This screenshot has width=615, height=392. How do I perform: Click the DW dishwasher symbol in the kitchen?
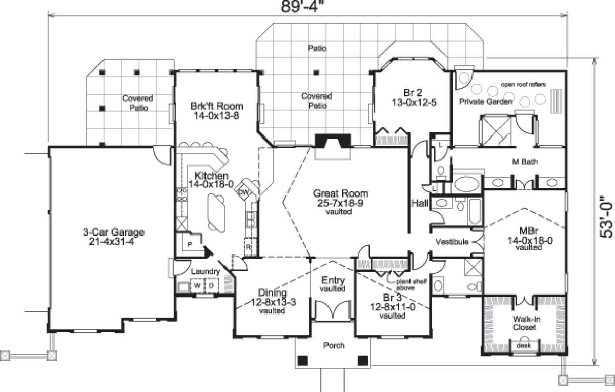coord(244,192)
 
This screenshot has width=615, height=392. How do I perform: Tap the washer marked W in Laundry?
coord(197,285)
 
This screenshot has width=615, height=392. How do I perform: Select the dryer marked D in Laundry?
coord(211,285)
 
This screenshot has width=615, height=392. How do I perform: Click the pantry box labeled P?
coord(189,245)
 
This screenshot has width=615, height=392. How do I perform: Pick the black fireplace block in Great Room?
coord(333,140)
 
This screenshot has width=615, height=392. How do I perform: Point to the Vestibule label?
coord(452,242)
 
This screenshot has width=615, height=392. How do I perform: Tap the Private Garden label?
coord(485,102)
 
